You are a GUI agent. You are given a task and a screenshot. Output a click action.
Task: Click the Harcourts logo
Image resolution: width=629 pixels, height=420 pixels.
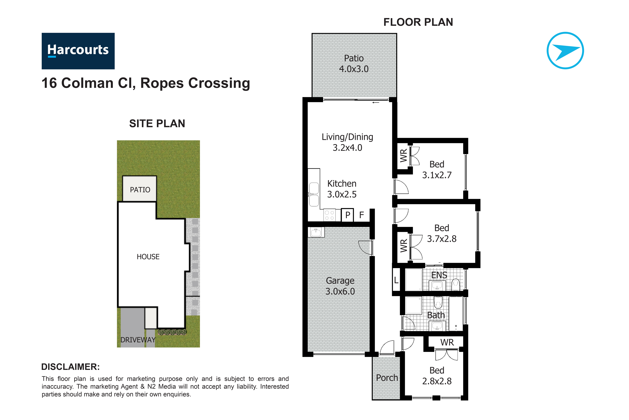78,51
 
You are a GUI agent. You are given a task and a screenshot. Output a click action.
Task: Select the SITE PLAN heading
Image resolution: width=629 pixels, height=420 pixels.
157,123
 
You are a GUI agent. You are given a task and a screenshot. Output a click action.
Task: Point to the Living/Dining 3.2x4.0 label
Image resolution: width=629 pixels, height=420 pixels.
347,142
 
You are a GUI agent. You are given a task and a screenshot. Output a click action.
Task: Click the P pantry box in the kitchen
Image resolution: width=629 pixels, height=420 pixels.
347,215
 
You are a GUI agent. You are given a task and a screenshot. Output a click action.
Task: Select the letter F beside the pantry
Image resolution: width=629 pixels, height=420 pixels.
362,215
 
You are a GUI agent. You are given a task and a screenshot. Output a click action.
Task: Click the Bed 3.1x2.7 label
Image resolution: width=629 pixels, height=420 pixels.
437,170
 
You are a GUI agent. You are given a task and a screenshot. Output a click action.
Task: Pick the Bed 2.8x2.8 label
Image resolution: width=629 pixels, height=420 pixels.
437,376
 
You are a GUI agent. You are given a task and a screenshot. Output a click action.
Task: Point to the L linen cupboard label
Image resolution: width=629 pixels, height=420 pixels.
396,280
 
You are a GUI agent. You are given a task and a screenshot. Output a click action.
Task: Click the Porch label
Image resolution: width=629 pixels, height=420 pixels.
387,378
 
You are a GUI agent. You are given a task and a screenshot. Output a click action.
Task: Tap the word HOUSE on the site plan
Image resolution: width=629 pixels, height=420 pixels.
148,257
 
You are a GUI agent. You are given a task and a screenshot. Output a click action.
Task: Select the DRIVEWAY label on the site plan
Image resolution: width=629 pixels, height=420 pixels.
138,340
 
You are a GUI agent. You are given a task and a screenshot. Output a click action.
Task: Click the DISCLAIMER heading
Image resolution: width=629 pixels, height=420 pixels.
70,367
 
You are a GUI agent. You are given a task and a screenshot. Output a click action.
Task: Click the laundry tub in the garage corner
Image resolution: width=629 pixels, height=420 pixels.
316,232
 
